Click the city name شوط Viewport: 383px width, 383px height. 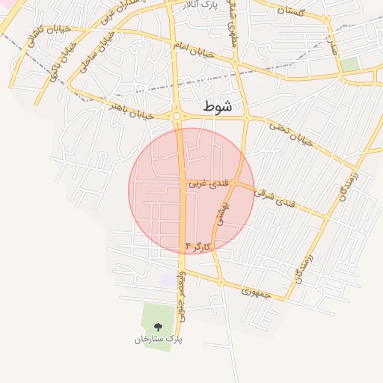coord(218,108)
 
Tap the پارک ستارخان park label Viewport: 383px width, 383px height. coord(159,340)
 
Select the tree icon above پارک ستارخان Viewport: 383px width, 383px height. coord(158,327)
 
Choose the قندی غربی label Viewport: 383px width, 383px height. coord(203,183)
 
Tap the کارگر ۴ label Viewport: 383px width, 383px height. coord(198,246)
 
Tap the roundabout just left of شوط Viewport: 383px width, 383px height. coord(177,116)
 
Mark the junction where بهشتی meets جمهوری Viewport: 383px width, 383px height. coord(220,282)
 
